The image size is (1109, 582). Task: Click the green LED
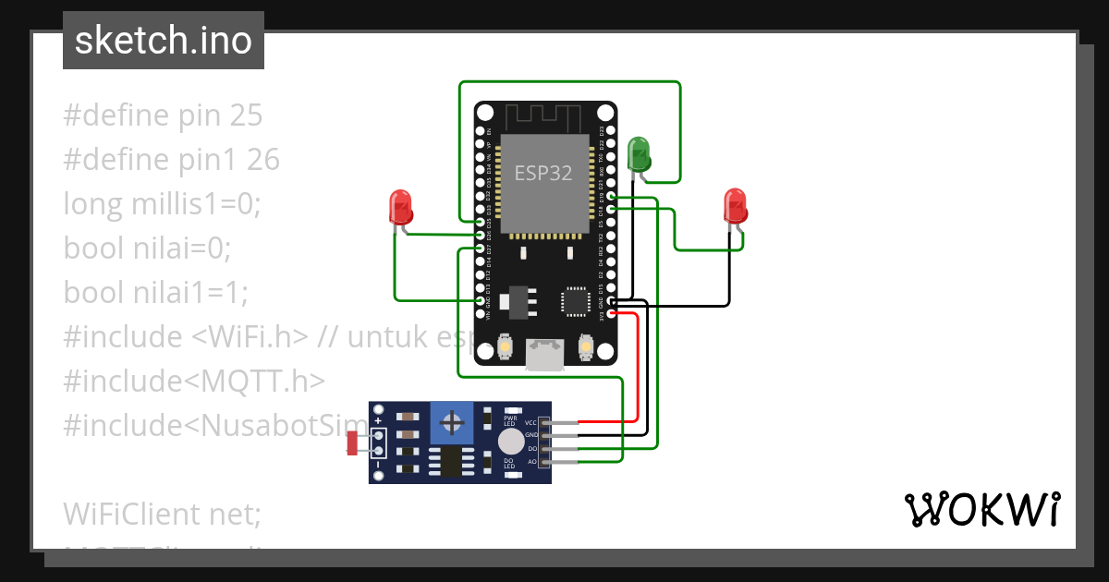[x=639, y=152]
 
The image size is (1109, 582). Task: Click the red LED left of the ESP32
[x=400, y=206]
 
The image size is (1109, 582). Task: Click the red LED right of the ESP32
[x=735, y=205]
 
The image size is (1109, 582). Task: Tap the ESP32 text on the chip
[x=543, y=173]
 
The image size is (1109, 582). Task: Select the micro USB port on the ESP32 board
[x=545, y=355]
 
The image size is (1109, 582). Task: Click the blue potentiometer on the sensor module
[x=453, y=424]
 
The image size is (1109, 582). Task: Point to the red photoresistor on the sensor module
[x=352, y=443]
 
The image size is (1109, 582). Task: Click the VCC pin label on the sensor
[x=530, y=422]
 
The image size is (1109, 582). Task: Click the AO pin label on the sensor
[x=531, y=460]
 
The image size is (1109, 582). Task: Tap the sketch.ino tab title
[x=164, y=41]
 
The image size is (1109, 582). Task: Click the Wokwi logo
[x=981, y=509]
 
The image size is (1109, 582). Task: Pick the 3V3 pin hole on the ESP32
[x=611, y=314]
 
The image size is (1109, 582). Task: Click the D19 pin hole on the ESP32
[x=611, y=197]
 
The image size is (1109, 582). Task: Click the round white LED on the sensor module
[x=509, y=441]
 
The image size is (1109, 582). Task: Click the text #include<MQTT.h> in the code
[x=194, y=381]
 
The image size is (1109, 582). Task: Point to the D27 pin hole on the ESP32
[x=480, y=249]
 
